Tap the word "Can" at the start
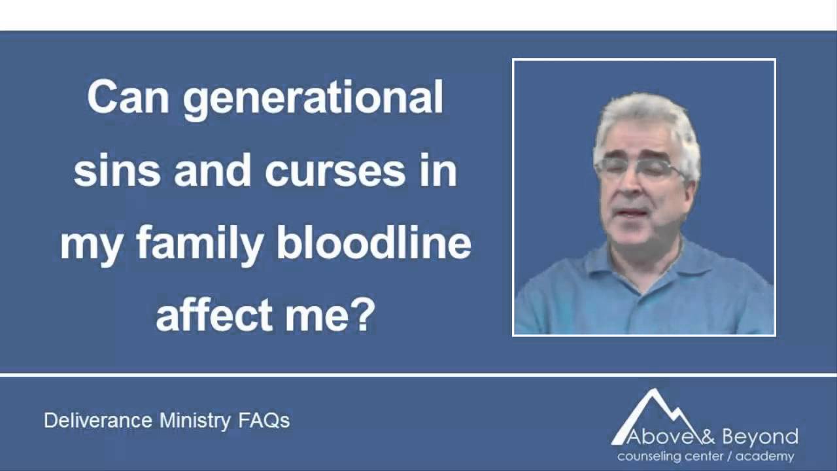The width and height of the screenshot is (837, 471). point(128,97)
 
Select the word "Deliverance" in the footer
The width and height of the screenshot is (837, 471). point(99,420)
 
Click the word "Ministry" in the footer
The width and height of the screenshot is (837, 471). point(194,420)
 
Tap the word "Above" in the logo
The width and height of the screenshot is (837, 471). point(650,437)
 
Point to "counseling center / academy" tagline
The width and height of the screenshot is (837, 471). point(706,457)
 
